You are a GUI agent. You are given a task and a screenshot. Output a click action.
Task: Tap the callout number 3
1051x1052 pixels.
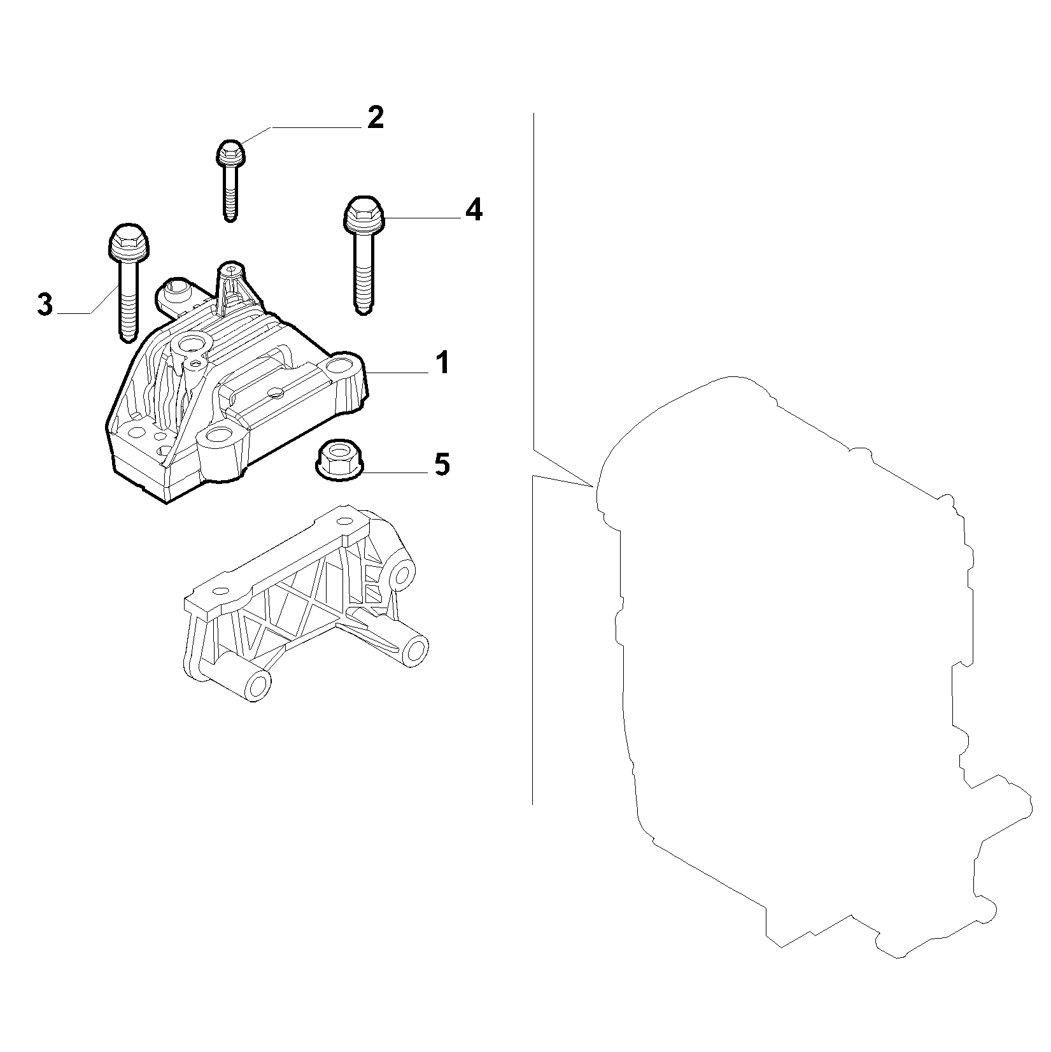(45, 304)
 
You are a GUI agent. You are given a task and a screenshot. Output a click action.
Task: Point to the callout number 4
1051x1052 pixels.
(473, 210)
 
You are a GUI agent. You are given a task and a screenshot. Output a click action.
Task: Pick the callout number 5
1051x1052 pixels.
(442, 464)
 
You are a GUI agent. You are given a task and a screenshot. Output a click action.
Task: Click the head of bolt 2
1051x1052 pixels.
(231, 153)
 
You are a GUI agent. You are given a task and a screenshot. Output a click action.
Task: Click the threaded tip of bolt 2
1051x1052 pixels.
(231, 215)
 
